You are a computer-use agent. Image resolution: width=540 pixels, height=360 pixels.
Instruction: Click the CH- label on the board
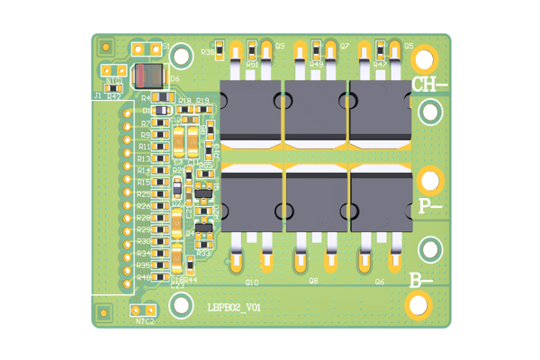point(429,85)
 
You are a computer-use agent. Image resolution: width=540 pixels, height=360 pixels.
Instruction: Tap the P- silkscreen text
point(430,207)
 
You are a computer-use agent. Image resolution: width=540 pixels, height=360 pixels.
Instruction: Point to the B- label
point(420,280)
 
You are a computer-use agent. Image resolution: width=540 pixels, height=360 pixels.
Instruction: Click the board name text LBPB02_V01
point(234,307)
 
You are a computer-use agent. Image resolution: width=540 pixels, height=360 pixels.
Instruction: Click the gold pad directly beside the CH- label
point(424,59)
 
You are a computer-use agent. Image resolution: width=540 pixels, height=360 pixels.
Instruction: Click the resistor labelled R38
point(222,53)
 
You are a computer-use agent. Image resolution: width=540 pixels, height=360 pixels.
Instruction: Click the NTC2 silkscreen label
point(144,321)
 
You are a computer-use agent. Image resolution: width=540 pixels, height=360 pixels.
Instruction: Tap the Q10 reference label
point(251,282)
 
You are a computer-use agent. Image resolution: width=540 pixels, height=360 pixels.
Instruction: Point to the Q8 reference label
point(313,282)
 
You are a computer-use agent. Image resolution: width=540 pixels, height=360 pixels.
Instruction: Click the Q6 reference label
point(380,282)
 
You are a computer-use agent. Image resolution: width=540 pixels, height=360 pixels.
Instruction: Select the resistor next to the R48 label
point(160,276)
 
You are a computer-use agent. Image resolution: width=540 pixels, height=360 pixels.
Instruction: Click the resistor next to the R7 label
point(160,123)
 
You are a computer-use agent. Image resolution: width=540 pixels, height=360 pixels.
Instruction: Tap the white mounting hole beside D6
point(181,57)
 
